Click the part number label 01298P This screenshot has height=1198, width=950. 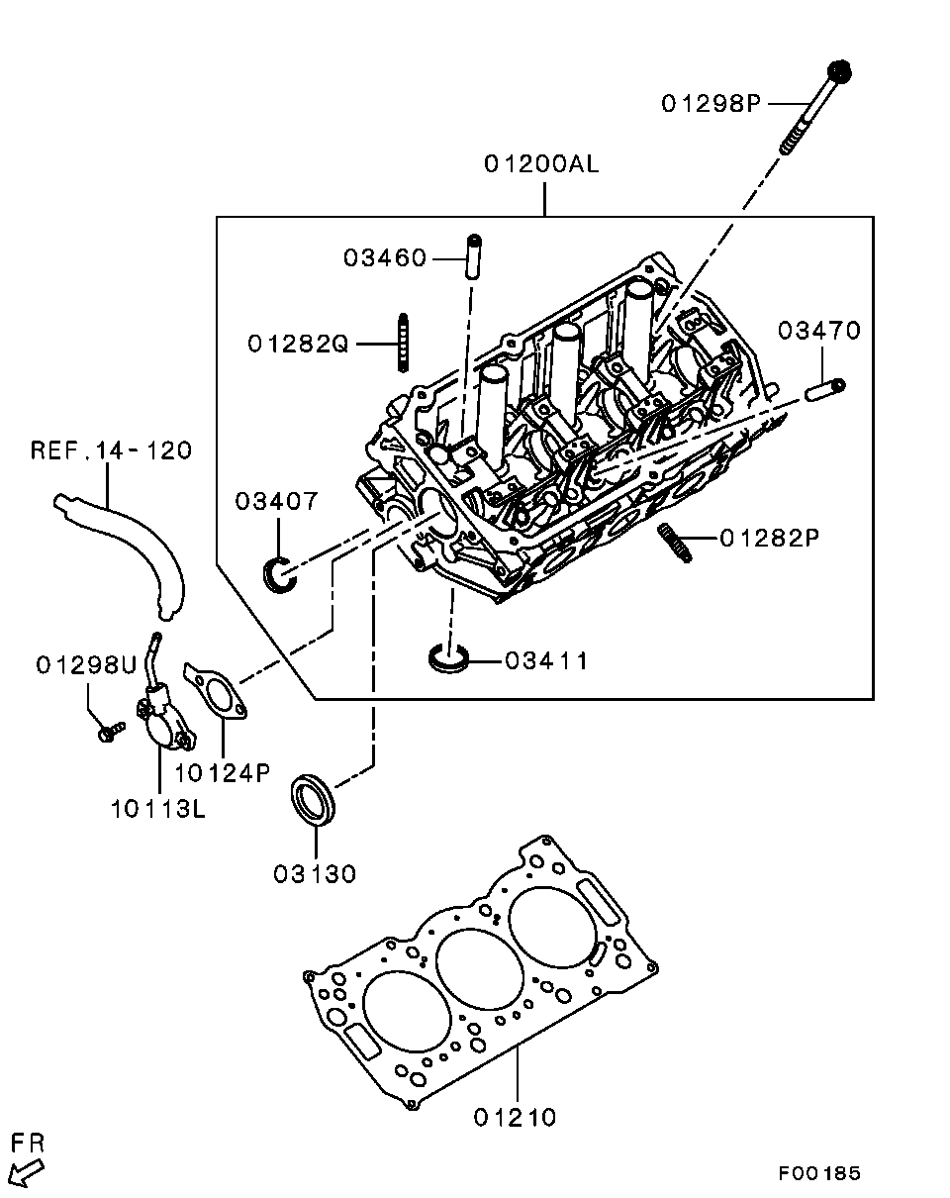[x=711, y=103]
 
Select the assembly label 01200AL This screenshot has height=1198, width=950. [x=541, y=164]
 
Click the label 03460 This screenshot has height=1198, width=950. [x=385, y=258]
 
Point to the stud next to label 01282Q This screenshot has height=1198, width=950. [x=404, y=342]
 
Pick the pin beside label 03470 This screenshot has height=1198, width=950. [x=823, y=390]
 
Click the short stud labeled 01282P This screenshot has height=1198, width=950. [x=673, y=543]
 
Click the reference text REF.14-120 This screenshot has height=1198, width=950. [x=111, y=450]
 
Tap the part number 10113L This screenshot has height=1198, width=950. [x=157, y=809]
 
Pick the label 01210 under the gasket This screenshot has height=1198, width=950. [x=515, y=1118]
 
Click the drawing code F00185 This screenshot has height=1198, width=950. [x=818, y=1173]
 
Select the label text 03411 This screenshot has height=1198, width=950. [x=546, y=660]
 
